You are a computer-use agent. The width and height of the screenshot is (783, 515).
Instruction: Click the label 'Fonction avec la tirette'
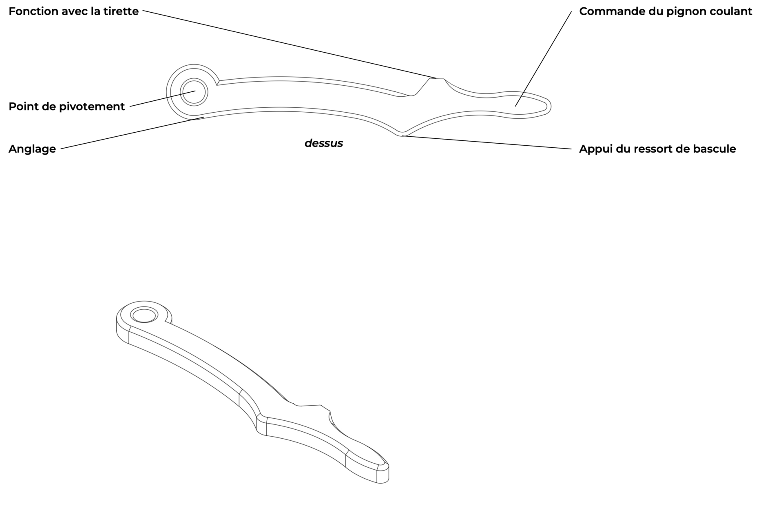[x=73, y=11]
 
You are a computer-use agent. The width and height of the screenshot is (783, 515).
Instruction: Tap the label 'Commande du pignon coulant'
[x=666, y=11]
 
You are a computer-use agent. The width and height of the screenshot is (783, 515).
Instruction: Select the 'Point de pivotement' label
[x=66, y=107]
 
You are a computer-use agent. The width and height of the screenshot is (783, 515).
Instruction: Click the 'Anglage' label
[x=32, y=149]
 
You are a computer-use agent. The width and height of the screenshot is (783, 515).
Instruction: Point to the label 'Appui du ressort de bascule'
[x=657, y=149]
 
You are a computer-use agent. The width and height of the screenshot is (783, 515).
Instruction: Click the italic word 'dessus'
[x=323, y=143]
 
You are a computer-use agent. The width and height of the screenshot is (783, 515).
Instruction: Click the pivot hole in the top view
[x=194, y=92]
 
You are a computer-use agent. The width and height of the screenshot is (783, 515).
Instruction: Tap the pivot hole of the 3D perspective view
[x=144, y=315]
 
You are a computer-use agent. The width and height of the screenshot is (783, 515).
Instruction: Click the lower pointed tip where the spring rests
[x=402, y=135]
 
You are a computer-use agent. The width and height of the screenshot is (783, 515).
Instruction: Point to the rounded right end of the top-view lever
[x=550, y=107]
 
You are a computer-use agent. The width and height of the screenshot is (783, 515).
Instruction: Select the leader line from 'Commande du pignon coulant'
[x=543, y=59]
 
